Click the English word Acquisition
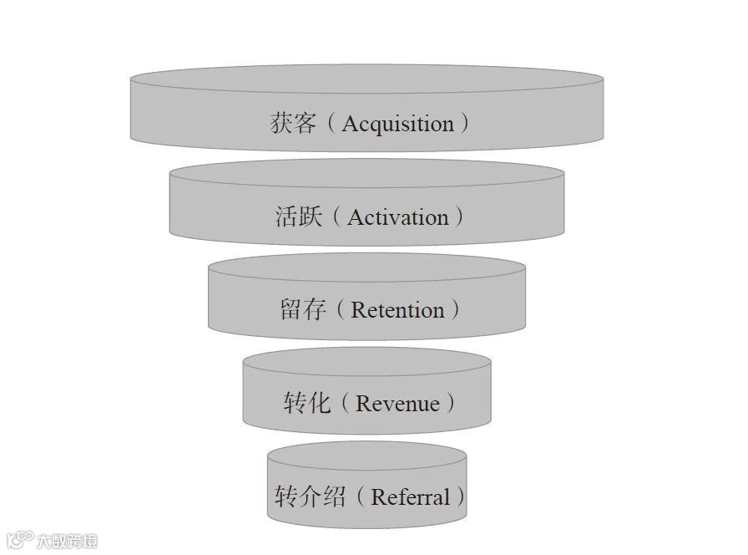coord(397,125)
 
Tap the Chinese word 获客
coord(293,124)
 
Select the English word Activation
coord(398,217)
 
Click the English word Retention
coord(397,310)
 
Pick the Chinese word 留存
coord(302,310)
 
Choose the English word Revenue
coord(397,404)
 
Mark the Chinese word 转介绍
coord(310,497)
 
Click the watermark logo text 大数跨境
coord(67,541)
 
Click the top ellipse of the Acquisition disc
coord(366,79)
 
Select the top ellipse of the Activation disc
coord(366,173)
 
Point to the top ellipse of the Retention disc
coord(366,267)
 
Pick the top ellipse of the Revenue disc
coord(366,361)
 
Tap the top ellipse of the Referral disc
coord(366,455)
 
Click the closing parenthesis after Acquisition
coord(464,125)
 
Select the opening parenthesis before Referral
coord(360,497)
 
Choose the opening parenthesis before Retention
coord(340,310)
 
